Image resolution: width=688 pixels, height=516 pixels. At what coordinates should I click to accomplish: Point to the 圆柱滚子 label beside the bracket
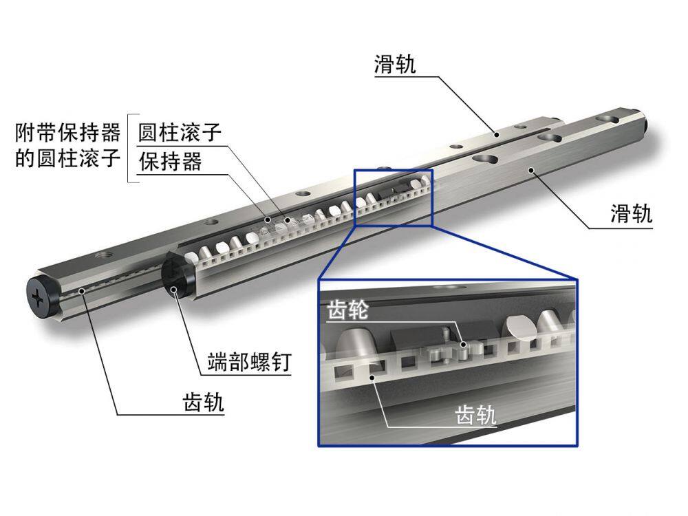coord(180,132)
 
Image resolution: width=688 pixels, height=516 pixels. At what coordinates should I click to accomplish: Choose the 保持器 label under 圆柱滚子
coord(170,162)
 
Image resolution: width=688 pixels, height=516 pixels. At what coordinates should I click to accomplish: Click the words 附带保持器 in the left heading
coord(68,132)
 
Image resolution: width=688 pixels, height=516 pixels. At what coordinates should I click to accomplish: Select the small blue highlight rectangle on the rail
coord(394,197)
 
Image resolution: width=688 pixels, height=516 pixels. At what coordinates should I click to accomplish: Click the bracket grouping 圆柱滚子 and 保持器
coord(130,147)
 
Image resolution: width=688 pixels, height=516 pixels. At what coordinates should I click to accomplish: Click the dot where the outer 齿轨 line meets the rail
coord(82,291)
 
